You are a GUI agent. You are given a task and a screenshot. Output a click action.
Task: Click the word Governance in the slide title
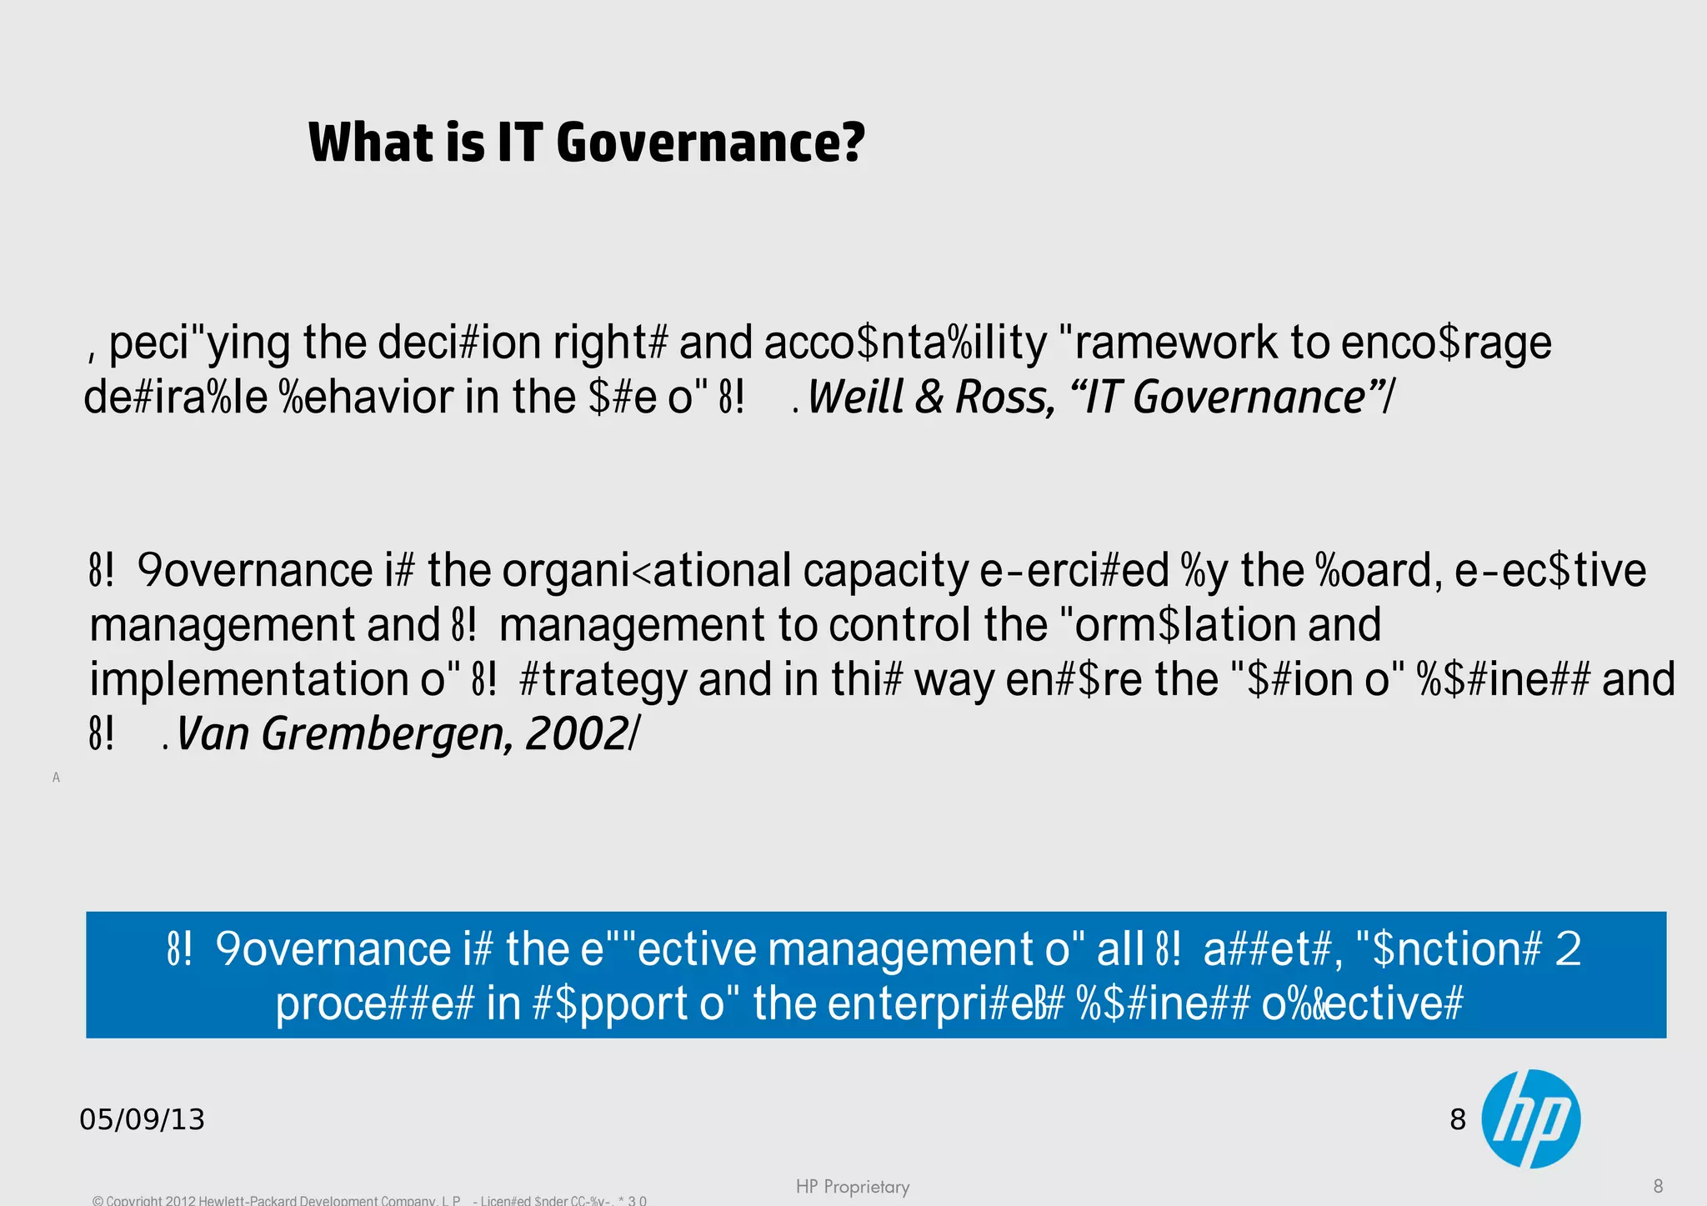(710, 143)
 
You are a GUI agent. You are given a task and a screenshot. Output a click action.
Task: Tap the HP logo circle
(1531, 1118)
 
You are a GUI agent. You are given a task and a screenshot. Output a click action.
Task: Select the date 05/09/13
(142, 1119)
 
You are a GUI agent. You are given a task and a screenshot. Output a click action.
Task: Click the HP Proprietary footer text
(852, 1186)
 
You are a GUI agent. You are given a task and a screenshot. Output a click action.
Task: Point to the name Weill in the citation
(856, 397)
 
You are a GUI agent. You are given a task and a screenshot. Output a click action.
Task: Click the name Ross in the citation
(1004, 397)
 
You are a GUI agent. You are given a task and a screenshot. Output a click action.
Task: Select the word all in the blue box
(1120, 949)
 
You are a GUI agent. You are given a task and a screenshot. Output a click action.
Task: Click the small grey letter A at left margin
(56, 778)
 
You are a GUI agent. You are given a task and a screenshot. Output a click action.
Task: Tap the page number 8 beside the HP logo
(1458, 1119)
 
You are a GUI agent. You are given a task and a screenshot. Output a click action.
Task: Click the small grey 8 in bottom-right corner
(1658, 1186)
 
